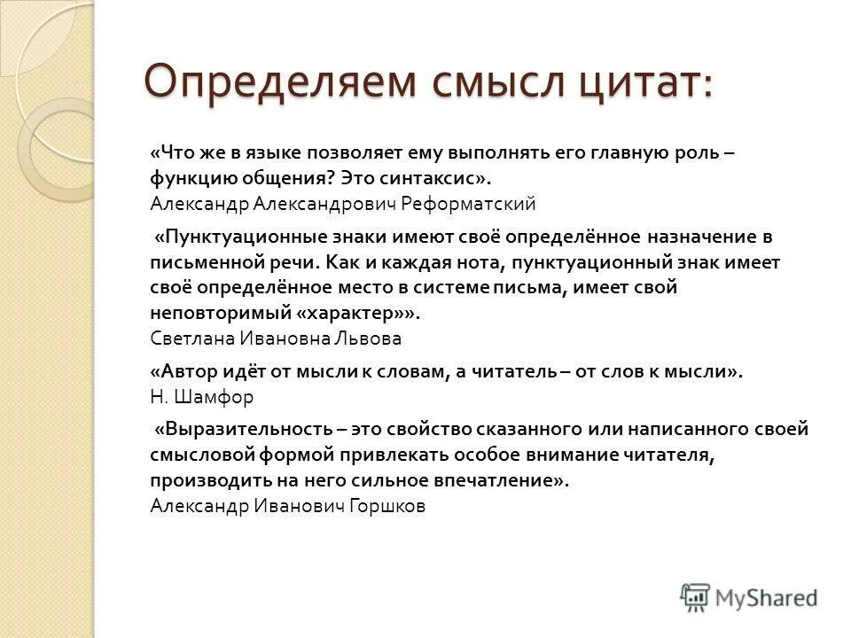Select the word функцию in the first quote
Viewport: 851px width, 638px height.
pos(187,178)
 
